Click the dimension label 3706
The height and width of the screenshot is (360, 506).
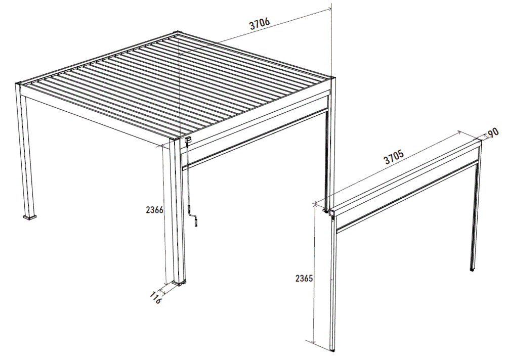260,23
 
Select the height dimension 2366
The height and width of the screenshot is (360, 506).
154,210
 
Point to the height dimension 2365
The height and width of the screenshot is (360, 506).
304,278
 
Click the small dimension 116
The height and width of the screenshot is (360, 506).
155,297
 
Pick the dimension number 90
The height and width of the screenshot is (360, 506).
493,132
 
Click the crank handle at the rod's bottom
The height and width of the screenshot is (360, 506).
195,219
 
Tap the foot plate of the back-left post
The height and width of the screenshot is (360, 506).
30,217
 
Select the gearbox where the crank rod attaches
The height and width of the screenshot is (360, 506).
188,140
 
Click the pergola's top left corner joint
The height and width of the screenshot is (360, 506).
19,83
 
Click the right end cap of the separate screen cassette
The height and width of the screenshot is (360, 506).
480,144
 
